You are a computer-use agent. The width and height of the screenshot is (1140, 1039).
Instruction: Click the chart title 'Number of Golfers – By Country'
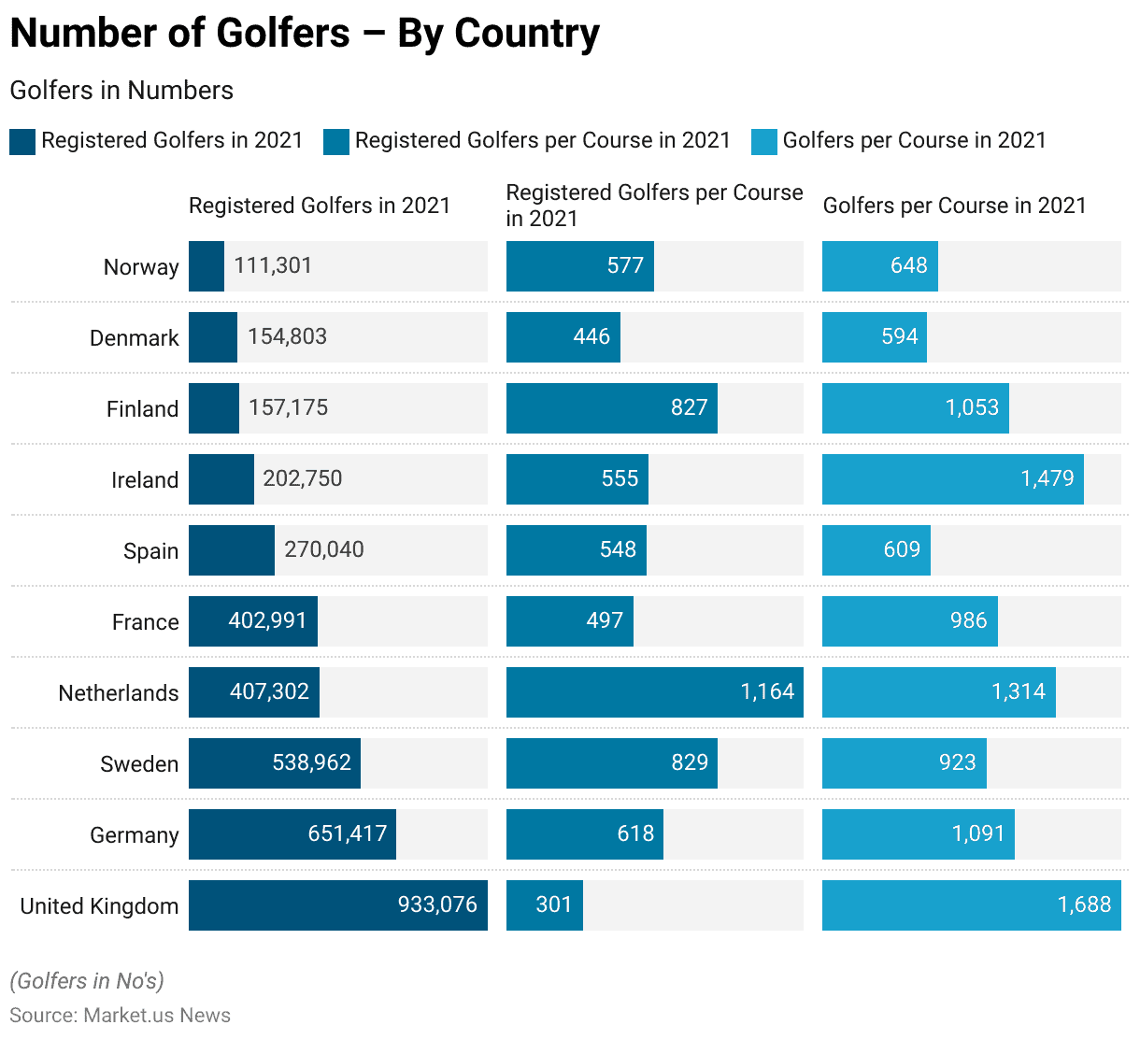point(305,34)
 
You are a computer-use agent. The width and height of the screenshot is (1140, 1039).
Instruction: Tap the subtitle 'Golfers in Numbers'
point(121,91)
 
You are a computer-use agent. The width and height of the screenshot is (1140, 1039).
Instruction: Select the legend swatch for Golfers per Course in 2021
point(764,142)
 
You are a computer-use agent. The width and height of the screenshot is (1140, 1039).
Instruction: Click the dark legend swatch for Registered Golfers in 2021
point(22,142)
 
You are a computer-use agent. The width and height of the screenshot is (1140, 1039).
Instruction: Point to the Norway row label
point(141,267)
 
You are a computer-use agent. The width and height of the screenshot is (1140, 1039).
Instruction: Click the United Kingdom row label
point(99,906)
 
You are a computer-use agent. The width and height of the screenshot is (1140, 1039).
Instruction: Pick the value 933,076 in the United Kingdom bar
point(437,904)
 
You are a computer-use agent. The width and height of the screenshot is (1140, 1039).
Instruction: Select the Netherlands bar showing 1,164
point(654,692)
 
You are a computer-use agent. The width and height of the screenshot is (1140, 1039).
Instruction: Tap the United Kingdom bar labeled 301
point(545,905)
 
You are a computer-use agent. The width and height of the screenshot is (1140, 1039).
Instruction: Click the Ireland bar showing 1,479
point(953,479)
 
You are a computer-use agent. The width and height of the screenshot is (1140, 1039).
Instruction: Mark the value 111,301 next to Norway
point(273,265)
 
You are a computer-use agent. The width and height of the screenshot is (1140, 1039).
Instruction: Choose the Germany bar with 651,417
point(292,834)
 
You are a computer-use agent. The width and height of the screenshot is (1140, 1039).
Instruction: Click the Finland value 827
point(689,407)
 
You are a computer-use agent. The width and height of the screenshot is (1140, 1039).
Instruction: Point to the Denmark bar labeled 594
point(875,337)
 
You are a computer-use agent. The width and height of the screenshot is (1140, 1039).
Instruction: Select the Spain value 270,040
point(324,549)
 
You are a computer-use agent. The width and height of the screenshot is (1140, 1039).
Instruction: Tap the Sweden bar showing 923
point(905,763)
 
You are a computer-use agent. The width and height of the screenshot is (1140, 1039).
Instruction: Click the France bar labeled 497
point(570,621)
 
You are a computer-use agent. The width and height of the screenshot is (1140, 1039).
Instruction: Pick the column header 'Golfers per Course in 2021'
point(954,206)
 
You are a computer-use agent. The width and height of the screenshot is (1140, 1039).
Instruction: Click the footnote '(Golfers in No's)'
point(87,981)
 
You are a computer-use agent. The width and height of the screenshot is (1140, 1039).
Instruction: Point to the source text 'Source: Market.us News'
point(121,1016)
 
